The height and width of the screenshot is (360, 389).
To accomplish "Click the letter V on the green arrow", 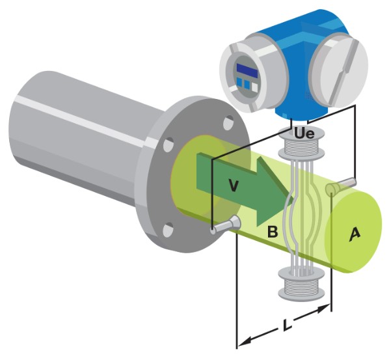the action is pyautogui.click(x=233, y=186).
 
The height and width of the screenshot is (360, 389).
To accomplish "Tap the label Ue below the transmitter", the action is pyautogui.click(x=304, y=133).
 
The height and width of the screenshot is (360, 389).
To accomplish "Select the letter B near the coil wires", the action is pyautogui.click(x=273, y=232).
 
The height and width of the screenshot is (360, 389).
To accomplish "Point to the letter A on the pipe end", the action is pyautogui.click(x=355, y=234).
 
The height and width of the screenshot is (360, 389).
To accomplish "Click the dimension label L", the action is pyautogui.click(x=287, y=324).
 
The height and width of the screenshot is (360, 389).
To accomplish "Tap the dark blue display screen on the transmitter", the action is pyautogui.click(x=247, y=70).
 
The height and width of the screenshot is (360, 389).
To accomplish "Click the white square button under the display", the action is pyautogui.click(x=255, y=87).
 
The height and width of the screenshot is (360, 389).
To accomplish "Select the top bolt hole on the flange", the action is pyautogui.click(x=228, y=123).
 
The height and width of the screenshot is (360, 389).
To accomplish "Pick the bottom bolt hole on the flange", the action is pyautogui.click(x=168, y=230).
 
